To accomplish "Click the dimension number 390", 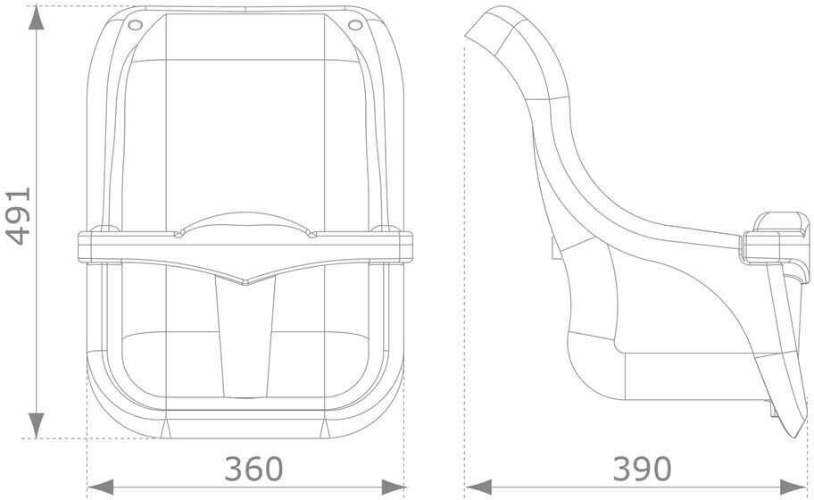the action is click(x=642, y=468).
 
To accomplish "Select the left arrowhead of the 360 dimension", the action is click(x=100, y=487).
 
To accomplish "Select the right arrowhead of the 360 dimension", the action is click(x=394, y=487).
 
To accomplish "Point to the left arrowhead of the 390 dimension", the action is click(x=478, y=487).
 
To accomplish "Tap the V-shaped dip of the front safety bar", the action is click(x=245, y=281).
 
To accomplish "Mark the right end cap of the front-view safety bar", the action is click(x=406, y=245).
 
